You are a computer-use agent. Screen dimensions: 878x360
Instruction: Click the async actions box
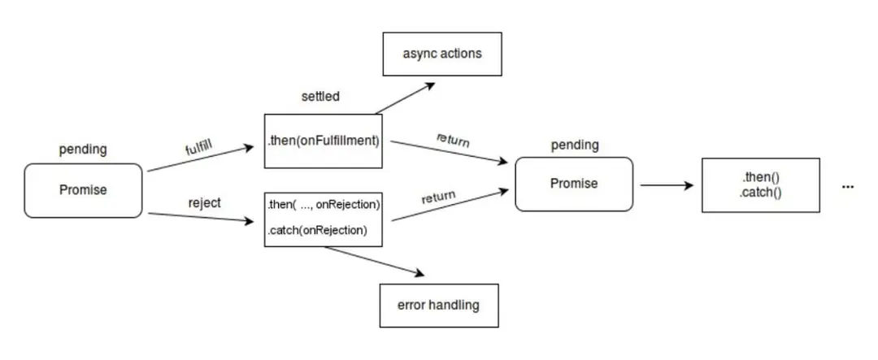[x=441, y=54]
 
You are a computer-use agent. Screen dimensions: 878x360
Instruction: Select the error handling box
[x=438, y=305]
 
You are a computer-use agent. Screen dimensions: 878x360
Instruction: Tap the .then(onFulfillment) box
[x=323, y=141]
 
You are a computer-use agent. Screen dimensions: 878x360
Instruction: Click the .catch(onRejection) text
[x=318, y=229]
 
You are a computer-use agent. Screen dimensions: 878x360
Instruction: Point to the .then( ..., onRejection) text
[x=324, y=205]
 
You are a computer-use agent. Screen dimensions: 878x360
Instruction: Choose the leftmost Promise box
[x=83, y=190]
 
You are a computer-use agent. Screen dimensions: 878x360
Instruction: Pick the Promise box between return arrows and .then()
[x=574, y=184]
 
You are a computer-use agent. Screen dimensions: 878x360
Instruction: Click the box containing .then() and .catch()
[x=760, y=185]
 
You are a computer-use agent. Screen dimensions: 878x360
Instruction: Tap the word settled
[x=320, y=97]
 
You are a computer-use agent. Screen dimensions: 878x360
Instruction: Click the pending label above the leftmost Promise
[x=83, y=150]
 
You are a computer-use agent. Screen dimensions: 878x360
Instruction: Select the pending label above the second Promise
[x=575, y=145]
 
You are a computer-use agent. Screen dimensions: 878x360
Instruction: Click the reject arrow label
[x=204, y=202]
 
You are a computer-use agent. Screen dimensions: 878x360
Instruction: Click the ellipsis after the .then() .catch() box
[x=848, y=187]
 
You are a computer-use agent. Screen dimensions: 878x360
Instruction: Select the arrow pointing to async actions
[x=405, y=98]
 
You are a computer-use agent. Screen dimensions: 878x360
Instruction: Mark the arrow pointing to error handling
[x=374, y=261]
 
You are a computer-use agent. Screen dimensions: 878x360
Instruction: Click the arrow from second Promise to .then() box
[x=667, y=185]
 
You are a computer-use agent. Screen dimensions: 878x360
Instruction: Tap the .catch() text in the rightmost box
[x=760, y=193]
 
